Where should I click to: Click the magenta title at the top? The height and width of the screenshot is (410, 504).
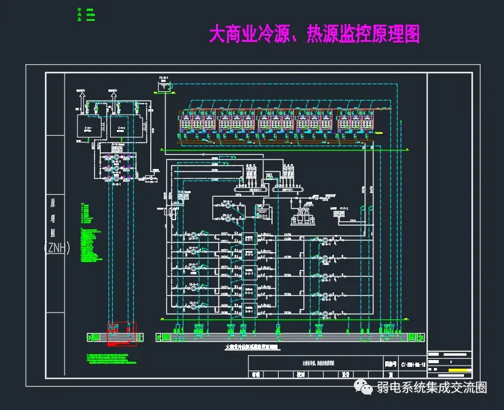[x=314, y=34]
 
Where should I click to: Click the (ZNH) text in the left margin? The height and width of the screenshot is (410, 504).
[x=57, y=248]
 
